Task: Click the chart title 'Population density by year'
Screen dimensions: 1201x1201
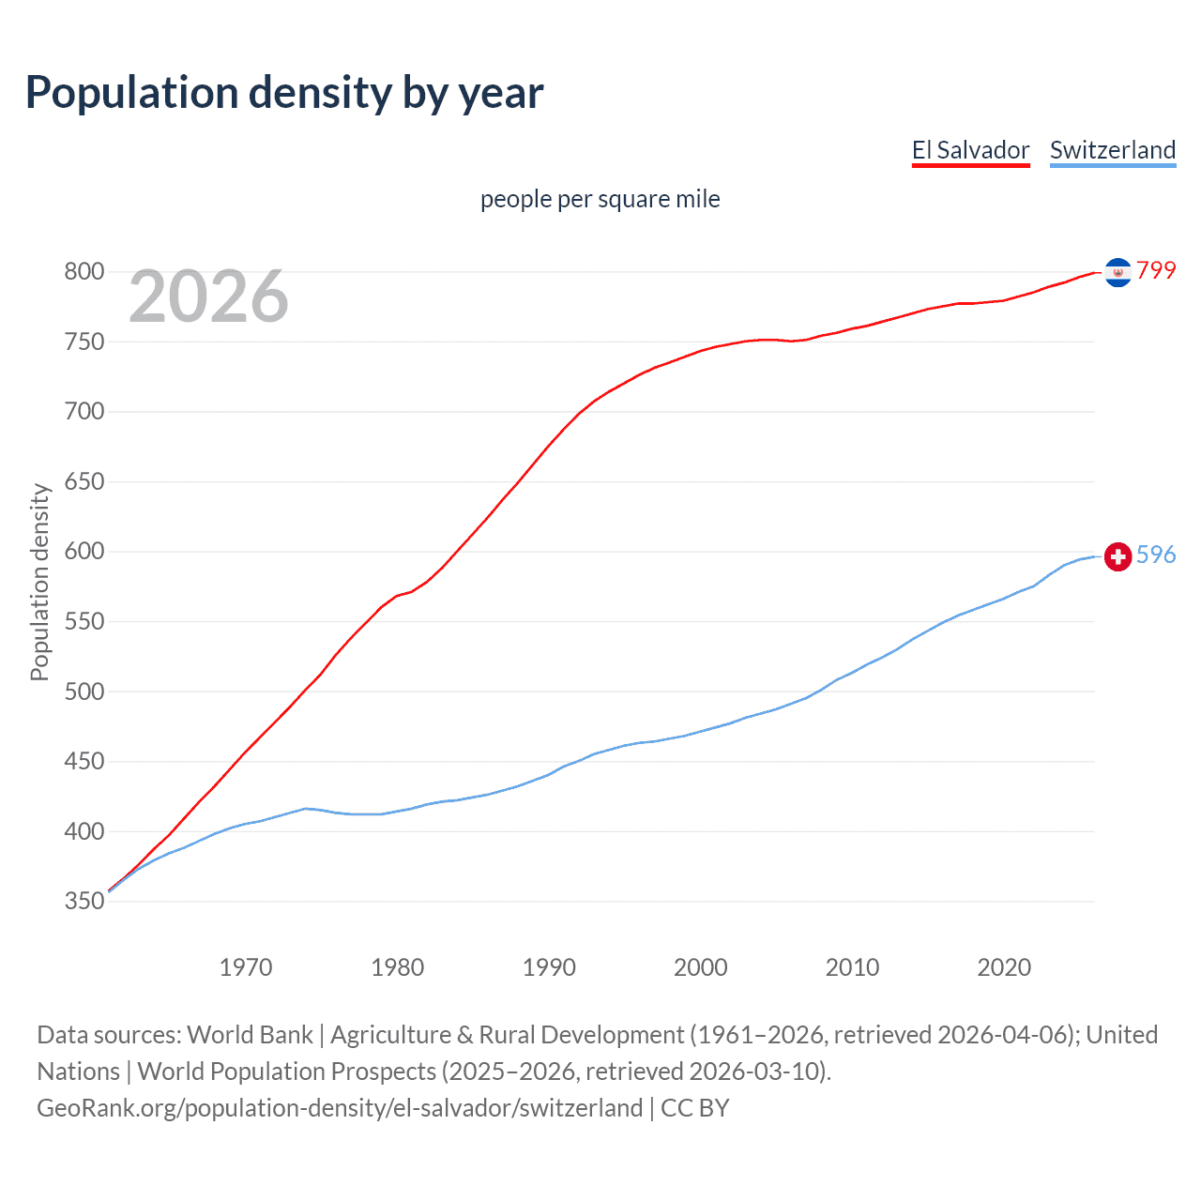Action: (284, 93)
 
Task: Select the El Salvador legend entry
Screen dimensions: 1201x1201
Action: (970, 151)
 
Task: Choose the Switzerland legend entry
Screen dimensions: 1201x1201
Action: (1112, 151)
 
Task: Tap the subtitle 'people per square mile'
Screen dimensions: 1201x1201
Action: (600, 200)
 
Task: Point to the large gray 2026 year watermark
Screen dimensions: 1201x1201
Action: (208, 296)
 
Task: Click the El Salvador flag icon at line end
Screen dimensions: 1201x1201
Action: (1117, 272)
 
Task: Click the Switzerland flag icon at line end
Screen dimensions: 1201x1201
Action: (1117, 556)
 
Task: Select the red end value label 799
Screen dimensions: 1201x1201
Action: (1156, 271)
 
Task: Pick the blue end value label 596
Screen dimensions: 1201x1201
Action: (1156, 555)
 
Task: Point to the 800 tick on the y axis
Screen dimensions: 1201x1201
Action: (84, 272)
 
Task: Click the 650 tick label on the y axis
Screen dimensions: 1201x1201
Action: (84, 482)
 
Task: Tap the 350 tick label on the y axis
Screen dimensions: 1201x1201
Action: (84, 902)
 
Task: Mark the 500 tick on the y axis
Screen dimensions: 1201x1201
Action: (84, 692)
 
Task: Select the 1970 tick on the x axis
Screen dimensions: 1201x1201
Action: (246, 967)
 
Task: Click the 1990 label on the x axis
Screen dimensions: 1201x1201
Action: (549, 967)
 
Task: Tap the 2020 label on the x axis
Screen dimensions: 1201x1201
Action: (1004, 967)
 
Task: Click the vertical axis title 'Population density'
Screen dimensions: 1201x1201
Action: (39, 582)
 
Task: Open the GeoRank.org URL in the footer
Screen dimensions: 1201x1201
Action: (340, 1108)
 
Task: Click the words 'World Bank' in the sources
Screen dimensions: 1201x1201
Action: (250, 1035)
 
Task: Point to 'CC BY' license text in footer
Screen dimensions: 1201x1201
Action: (695, 1108)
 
